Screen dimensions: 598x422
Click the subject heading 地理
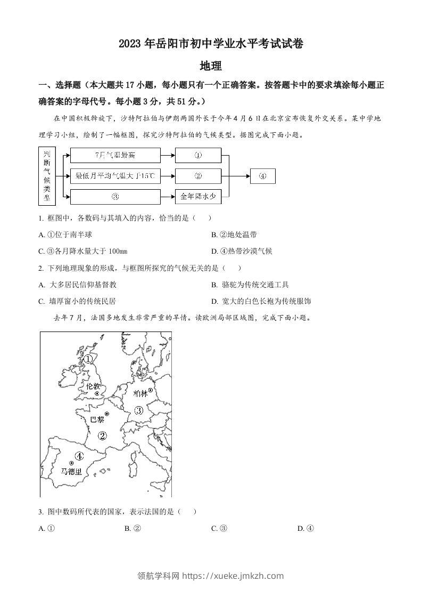210,66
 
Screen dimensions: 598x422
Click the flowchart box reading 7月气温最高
115,155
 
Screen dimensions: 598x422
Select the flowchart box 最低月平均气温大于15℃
115,176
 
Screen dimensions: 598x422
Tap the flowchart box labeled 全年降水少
197,197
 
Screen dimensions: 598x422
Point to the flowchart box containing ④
262,176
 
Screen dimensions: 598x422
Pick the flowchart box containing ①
197,155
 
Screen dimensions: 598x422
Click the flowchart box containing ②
197,176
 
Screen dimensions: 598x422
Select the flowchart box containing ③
115,197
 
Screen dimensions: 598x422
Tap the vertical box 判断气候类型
47,176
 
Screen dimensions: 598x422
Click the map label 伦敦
93,386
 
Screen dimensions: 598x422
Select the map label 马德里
71,472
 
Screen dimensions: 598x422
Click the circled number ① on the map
88,359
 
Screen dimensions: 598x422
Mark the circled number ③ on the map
139,410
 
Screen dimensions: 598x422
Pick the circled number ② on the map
103,436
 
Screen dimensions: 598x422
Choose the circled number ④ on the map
79,456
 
